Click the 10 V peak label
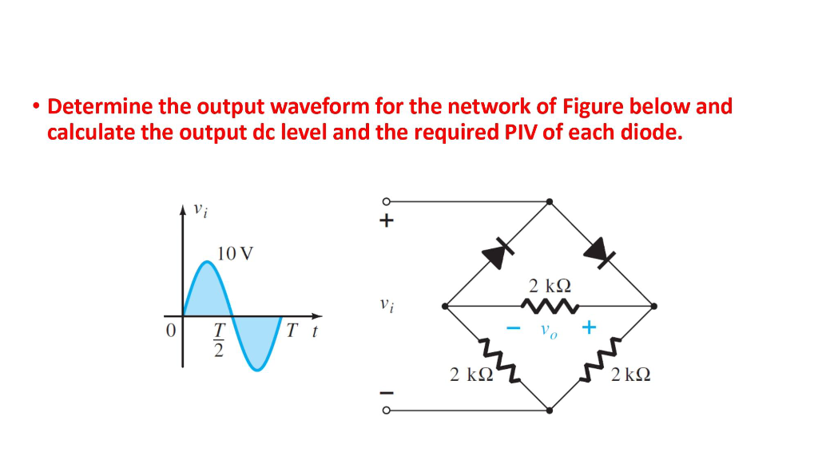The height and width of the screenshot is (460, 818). tap(235, 254)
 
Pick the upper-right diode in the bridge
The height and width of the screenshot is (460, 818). tap(599, 252)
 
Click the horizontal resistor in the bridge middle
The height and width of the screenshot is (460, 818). tap(550, 305)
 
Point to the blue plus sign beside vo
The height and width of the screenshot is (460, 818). tap(589, 327)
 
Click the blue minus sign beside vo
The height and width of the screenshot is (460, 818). tap(514, 327)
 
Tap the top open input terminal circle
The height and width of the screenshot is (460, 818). tap(386, 200)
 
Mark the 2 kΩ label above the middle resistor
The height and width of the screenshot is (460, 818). tap(550, 285)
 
